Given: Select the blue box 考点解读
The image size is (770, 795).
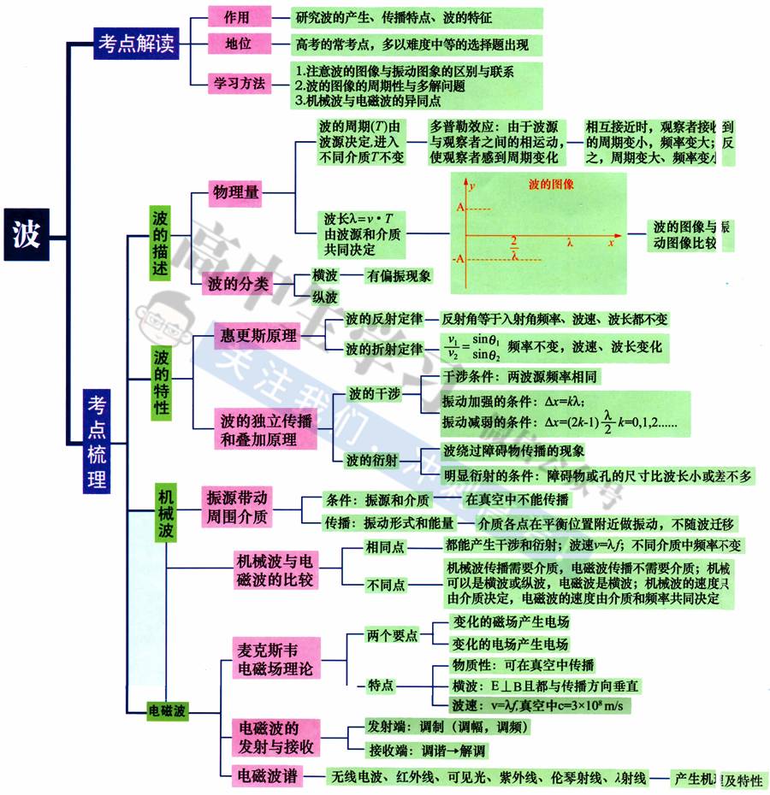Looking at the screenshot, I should [137, 44].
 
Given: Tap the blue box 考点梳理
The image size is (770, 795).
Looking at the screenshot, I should [97, 441].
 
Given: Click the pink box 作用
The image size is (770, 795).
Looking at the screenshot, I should [236, 17].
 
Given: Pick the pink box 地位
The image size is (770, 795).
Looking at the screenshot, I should [237, 43].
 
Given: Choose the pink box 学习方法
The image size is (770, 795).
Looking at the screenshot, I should [238, 82].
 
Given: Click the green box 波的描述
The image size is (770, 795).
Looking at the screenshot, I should [161, 243].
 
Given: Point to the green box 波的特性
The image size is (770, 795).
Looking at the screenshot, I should [161, 381].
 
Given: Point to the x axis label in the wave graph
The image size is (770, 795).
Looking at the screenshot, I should [612, 243].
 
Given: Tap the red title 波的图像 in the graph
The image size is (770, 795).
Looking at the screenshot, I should [551, 184].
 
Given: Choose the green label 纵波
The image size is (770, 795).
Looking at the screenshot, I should [324, 297].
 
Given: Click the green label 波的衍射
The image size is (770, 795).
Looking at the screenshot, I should [372, 461].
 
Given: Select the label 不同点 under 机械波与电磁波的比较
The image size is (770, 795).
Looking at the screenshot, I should [385, 586].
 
